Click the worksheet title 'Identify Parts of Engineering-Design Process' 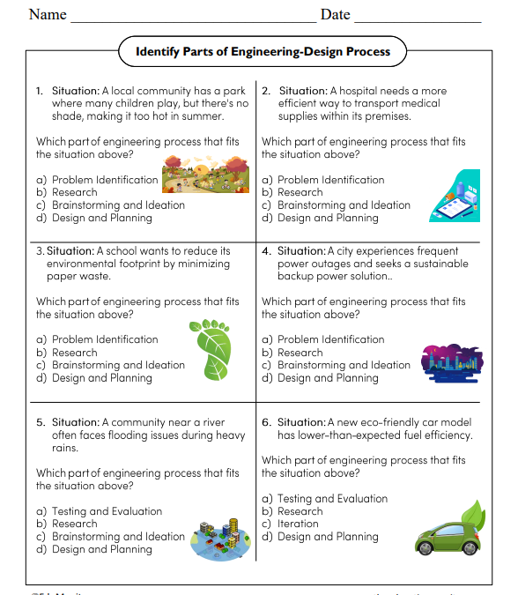[x=263, y=51]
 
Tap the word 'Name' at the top [x=48, y=14]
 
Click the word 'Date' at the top [x=335, y=14]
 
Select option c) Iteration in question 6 [x=300, y=524]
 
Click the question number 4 [x=266, y=250]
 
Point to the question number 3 [x=41, y=250]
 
